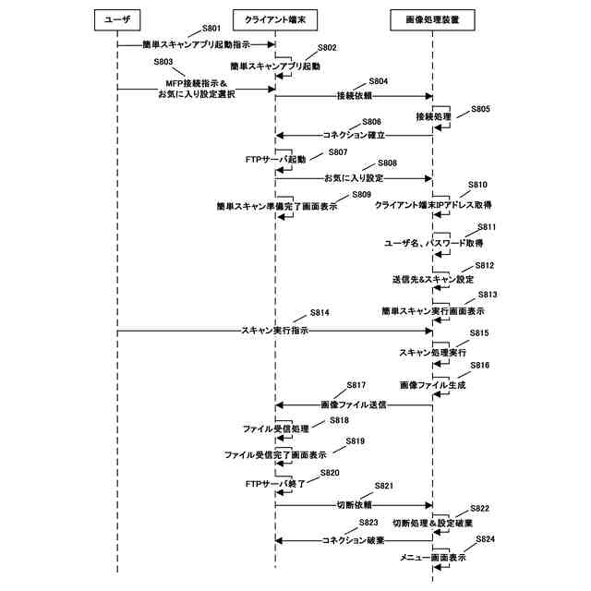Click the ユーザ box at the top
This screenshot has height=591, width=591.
118,18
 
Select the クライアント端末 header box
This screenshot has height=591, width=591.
275,18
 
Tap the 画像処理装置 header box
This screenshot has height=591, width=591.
432,18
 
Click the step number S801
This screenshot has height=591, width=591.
211,30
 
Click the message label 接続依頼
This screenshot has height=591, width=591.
355,96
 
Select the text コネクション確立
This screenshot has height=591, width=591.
354,135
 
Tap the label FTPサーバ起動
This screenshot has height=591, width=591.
276,160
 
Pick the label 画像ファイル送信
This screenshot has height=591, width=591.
354,404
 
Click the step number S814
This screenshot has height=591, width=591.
320,313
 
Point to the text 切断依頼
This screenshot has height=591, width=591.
354,505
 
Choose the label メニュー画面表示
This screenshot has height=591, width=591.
432,558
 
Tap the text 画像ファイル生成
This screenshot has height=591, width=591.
432,384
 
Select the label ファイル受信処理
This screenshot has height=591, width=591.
276,429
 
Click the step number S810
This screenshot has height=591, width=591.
477,185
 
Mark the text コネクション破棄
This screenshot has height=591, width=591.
354,540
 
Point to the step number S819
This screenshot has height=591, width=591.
356,441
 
